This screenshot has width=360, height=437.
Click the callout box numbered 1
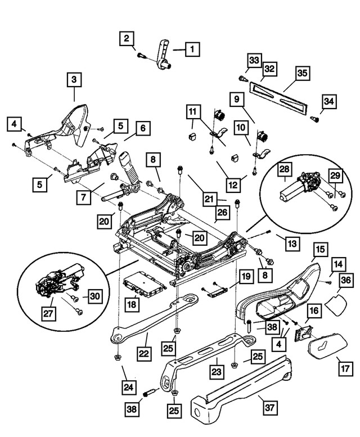(x=191, y=49)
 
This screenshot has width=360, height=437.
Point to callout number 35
(x=303, y=73)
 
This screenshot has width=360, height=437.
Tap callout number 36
(x=346, y=280)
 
